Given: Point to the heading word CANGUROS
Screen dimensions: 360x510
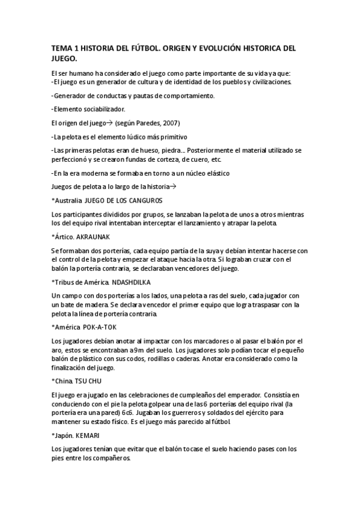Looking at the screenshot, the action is (143, 200).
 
